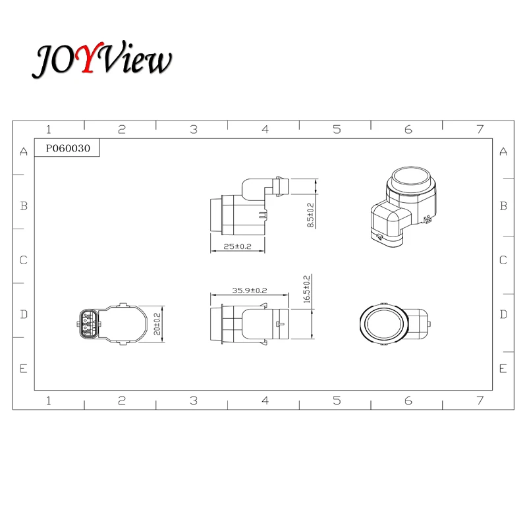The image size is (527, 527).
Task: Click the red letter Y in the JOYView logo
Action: pyautogui.click(x=88, y=57)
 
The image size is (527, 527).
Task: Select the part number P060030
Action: pyautogui.click(x=68, y=148)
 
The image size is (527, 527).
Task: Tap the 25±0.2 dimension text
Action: pyautogui.click(x=237, y=246)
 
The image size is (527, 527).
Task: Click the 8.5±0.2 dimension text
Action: pyautogui.click(x=310, y=215)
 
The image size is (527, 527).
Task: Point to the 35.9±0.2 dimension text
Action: pyautogui.click(x=250, y=291)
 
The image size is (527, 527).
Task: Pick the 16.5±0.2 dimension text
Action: pyautogui.click(x=306, y=289)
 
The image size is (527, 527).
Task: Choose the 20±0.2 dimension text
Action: pyautogui.click(x=157, y=324)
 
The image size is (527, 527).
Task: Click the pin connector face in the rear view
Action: pyautogui.click(x=88, y=324)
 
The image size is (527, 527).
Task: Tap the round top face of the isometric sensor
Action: pyautogui.click(x=411, y=177)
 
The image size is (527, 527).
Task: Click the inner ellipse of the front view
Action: pyautogui.click(x=385, y=324)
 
